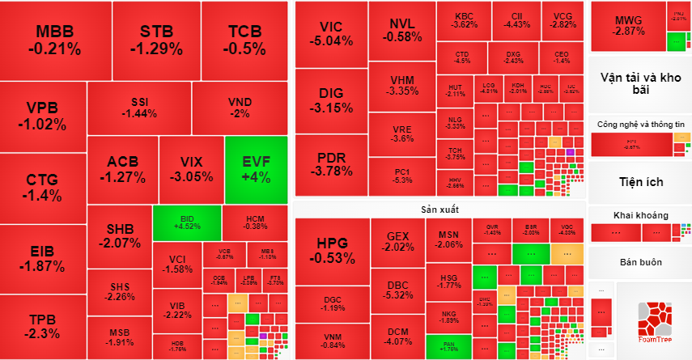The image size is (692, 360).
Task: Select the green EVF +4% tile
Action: point(256,169)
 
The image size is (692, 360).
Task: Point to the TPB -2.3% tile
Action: point(42,325)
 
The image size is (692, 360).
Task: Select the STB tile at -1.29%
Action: point(156,40)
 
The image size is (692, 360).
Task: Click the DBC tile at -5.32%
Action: point(398,290)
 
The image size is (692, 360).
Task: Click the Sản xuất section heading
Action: point(439,209)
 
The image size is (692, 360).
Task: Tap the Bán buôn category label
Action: point(640,262)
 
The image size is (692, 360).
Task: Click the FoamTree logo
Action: point(654,320)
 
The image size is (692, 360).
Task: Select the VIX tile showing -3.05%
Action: point(191,169)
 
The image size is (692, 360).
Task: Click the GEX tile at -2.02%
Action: point(398,241)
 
